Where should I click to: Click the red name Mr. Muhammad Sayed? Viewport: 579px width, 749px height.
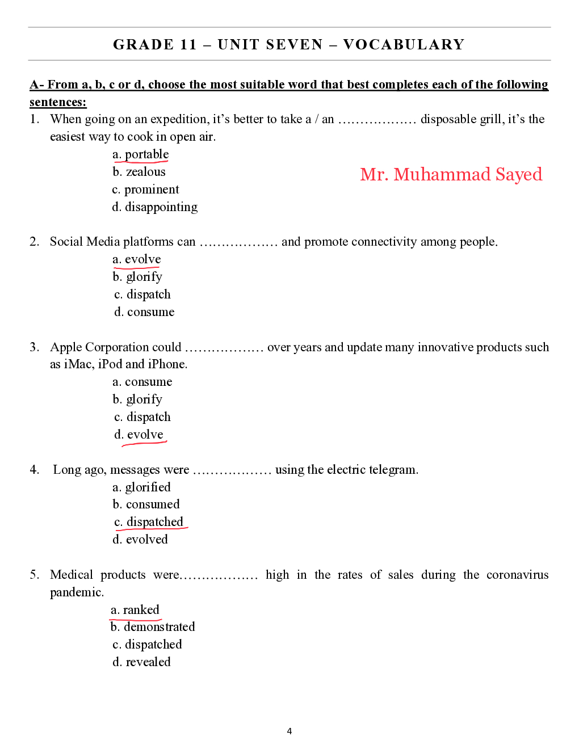pyautogui.click(x=451, y=174)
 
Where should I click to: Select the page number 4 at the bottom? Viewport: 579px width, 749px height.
pyautogui.click(x=289, y=731)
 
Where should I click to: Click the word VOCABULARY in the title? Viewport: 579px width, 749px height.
pyautogui.click(x=404, y=44)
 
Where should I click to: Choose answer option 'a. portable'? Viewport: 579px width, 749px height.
pyautogui.click(x=141, y=154)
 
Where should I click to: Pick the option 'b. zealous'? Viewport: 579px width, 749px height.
pyautogui.click(x=139, y=172)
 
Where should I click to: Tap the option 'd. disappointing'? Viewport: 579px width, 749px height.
pyautogui.click(x=155, y=207)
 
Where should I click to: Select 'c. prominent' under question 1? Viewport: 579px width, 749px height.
pyautogui.click(x=146, y=190)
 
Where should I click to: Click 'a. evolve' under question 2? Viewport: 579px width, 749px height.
pyautogui.click(x=137, y=259)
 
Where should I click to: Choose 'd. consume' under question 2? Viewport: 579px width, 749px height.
pyautogui.click(x=144, y=312)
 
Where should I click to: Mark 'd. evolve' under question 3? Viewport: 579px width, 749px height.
pyautogui.click(x=139, y=435)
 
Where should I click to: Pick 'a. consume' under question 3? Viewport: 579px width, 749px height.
pyautogui.click(x=142, y=382)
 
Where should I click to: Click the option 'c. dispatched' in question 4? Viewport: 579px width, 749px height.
pyautogui.click(x=149, y=522)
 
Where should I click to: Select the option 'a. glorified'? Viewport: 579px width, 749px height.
pyautogui.click(x=141, y=487)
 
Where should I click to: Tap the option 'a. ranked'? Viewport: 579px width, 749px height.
pyautogui.click(x=135, y=610)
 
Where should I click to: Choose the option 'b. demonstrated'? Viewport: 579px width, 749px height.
pyautogui.click(x=153, y=627)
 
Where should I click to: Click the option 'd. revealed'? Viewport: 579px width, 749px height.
pyautogui.click(x=141, y=662)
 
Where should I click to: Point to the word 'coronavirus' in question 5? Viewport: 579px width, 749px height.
pyautogui.click(x=517, y=575)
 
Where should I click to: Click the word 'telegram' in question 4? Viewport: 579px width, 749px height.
pyautogui.click(x=393, y=470)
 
